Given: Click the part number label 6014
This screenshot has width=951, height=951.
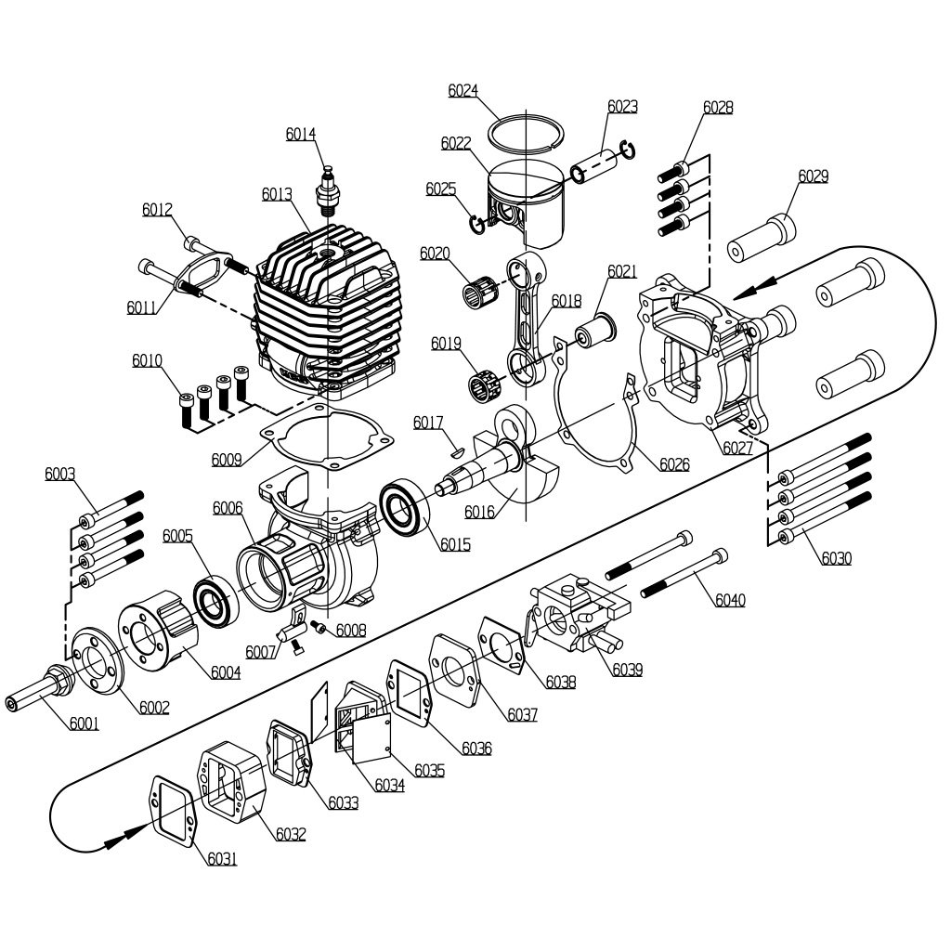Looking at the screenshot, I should coord(301,134).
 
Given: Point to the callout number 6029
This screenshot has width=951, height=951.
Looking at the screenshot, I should coord(813,176).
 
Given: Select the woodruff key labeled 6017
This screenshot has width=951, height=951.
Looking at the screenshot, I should coord(456,450).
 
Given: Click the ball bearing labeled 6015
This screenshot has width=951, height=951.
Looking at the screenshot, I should coord(406,507).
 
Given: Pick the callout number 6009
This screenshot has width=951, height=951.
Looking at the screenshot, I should coord(226,459).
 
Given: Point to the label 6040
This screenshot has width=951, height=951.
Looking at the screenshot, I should coord(729,600).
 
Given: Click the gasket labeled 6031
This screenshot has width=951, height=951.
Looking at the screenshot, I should coord(172,809).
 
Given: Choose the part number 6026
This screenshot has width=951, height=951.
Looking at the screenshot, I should coord(674,464).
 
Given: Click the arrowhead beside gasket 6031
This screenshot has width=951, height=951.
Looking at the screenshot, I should coord(116,840).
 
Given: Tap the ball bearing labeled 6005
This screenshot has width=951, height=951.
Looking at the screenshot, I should coord(216,602).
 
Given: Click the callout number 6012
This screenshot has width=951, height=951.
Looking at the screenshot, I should coord(157,210).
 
